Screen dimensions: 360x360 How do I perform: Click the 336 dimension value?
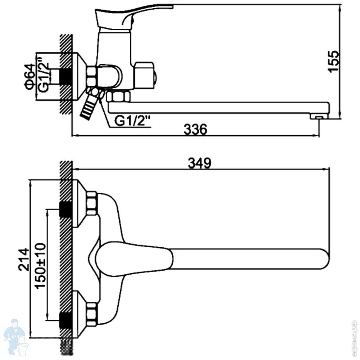click(195, 129)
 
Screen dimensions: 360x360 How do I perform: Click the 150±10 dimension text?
click(40, 265)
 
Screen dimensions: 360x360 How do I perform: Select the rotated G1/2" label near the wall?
click(43, 76)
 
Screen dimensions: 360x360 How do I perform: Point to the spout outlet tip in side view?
click(319, 117)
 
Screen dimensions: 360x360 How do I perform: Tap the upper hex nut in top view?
click(91, 203)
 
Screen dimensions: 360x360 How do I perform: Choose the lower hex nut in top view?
click(91, 314)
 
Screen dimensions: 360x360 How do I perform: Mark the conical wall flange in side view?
click(79, 77)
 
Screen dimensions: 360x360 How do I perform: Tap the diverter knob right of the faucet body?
click(146, 76)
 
